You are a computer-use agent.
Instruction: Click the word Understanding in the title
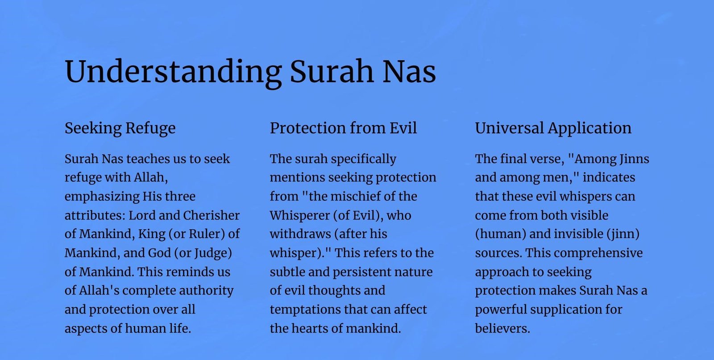(x=173, y=72)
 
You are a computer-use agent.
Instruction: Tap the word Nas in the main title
(x=409, y=71)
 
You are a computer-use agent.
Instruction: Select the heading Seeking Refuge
(x=120, y=128)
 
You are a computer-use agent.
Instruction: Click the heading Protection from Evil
(x=343, y=128)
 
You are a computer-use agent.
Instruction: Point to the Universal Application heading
(x=553, y=128)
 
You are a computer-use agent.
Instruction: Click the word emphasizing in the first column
(x=102, y=197)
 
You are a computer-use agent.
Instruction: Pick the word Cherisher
(x=212, y=215)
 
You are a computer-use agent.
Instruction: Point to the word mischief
(x=355, y=197)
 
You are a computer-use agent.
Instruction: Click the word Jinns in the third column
(x=634, y=159)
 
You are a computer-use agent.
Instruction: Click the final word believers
(x=502, y=328)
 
